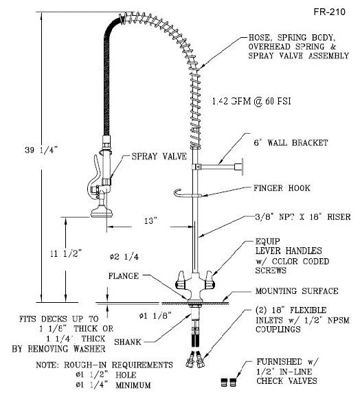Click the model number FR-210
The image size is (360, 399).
329,12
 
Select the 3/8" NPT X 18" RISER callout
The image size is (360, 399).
301,218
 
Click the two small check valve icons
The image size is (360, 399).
229,378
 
